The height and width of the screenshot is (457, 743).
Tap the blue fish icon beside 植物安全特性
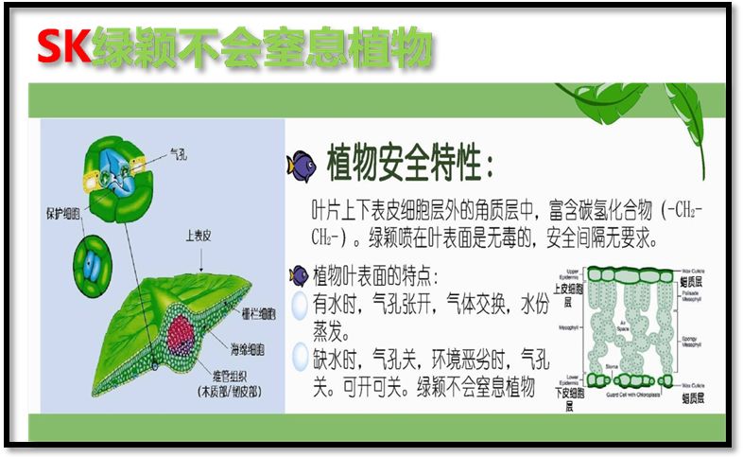tap(302, 164)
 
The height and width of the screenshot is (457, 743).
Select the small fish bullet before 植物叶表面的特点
tap(299, 275)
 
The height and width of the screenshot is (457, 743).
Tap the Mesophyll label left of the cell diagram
tap(570, 328)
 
